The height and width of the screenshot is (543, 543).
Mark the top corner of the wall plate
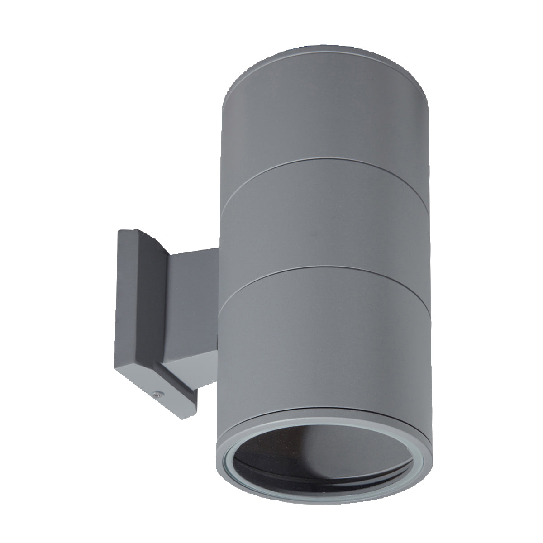(119, 231)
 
